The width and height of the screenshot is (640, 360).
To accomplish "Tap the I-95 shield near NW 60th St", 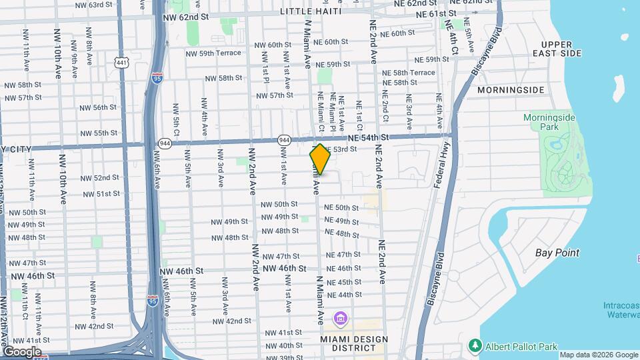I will click(157, 78).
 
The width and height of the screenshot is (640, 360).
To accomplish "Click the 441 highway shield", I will click(121, 62).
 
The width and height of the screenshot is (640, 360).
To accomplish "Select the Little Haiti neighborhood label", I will click(311, 11).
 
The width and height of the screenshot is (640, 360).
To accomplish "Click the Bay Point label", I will click(557, 253).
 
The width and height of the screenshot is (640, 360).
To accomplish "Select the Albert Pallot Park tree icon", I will click(475, 345).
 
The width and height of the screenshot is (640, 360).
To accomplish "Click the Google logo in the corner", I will click(22, 351).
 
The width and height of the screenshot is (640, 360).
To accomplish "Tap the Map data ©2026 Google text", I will click(598, 355).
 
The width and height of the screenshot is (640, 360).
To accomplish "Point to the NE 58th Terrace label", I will click(414, 73).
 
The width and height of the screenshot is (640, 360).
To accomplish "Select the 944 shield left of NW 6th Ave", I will click(165, 143).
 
